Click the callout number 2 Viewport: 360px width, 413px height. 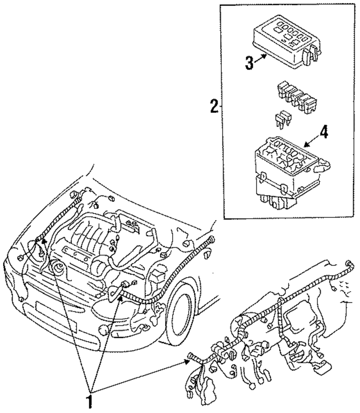pyautogui.click(x=213, y=106)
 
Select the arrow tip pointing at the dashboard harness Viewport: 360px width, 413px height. pyautogui.click(x=187, y=362)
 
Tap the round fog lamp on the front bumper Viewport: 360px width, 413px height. pyautogui.click(x=104, y=330)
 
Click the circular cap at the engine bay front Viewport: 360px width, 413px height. pyautogui.click(x=58, y=268)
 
